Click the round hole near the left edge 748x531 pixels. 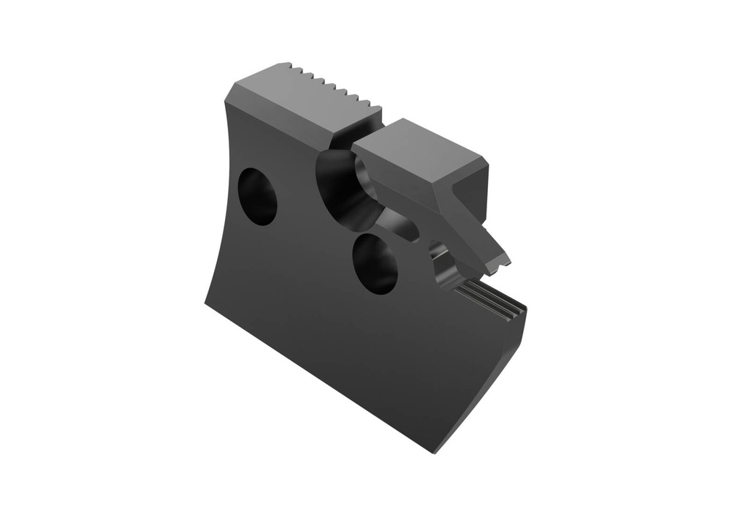point(258,196)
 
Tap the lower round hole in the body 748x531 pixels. point(375,263)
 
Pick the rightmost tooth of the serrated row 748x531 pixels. point(375,110)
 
